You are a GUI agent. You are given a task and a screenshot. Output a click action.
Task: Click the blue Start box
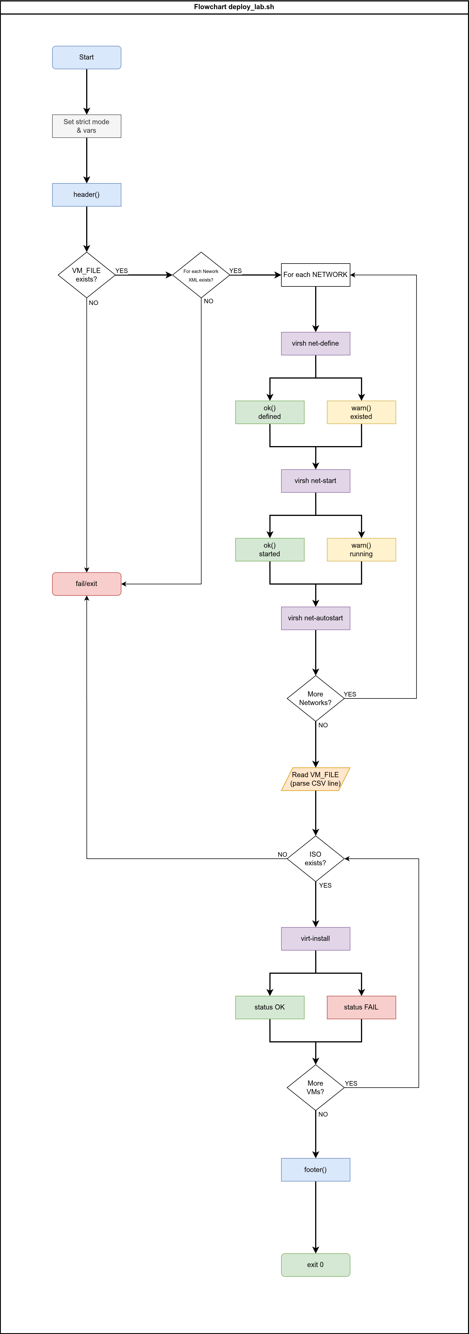coord(86,58)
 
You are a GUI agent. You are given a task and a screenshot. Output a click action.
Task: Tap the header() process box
coord(86,195)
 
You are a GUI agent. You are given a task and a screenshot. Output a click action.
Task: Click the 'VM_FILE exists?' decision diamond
coord(86,275)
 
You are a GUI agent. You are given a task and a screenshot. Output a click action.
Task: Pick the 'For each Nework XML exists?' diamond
coord(201,275)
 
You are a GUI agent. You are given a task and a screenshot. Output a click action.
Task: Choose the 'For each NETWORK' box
coord(316,275)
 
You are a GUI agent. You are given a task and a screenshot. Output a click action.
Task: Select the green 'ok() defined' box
coord(269,412)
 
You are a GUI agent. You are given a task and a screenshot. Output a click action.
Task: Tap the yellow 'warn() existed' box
coord(361,412)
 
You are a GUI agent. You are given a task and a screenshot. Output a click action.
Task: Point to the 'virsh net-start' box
coord(316,481)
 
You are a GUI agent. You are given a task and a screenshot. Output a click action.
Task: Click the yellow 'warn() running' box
coord(361,549)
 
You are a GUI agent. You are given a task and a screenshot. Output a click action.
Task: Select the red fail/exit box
coord(86,584)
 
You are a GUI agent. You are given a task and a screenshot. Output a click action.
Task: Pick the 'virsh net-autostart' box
coord(316,618)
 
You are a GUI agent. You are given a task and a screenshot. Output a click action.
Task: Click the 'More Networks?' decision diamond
coord(316,698)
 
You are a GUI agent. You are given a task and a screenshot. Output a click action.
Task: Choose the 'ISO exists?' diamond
coord(316,859)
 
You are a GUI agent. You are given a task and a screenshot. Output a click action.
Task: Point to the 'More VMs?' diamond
coord(316,1088)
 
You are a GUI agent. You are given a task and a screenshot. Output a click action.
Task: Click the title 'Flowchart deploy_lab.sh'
coord(234,7)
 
